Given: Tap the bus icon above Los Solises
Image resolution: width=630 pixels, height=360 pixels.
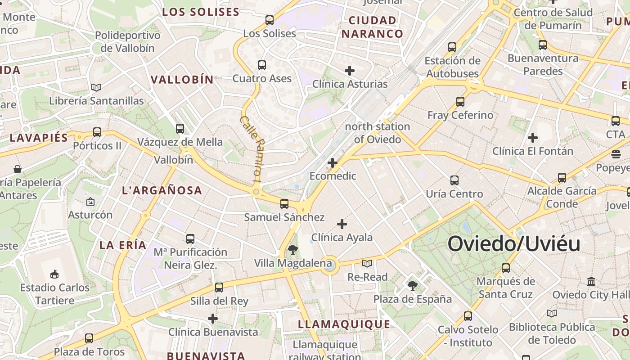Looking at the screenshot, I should [270, 20].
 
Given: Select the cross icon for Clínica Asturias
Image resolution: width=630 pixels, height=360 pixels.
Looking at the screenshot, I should [350, 71].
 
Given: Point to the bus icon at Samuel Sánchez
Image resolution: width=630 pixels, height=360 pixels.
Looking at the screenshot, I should [284, 204].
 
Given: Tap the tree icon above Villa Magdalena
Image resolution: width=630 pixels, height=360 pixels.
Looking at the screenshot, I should [293, 250].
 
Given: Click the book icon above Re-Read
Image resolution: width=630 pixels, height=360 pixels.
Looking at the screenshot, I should [367, 263].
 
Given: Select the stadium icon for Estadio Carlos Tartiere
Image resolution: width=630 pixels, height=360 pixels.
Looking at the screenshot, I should [54, 274].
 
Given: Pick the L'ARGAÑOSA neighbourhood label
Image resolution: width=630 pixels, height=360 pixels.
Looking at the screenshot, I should [162, 190].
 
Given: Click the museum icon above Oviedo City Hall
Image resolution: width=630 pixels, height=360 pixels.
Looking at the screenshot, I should [591, 282].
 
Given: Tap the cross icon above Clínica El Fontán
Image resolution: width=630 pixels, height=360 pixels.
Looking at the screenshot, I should [533, 137].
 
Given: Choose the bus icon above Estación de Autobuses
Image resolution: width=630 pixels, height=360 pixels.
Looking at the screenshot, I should [452, 47].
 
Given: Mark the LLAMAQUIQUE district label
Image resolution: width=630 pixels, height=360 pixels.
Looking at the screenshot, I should [344, 324].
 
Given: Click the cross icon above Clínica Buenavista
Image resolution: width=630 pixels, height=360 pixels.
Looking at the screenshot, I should [213, 319].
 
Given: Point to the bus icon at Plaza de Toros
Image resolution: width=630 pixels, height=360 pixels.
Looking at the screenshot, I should [89, 338].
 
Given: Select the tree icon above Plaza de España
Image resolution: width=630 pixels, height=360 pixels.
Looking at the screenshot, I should [412, 285].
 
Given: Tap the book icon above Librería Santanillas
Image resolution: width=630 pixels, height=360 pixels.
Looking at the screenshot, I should [96, 87].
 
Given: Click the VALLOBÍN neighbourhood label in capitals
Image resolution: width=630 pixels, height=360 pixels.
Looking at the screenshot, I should [182, 80].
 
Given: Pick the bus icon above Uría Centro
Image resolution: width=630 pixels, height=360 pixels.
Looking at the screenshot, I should [454, 180].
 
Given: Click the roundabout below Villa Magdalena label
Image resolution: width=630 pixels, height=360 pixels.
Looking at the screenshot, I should [329, 265].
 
